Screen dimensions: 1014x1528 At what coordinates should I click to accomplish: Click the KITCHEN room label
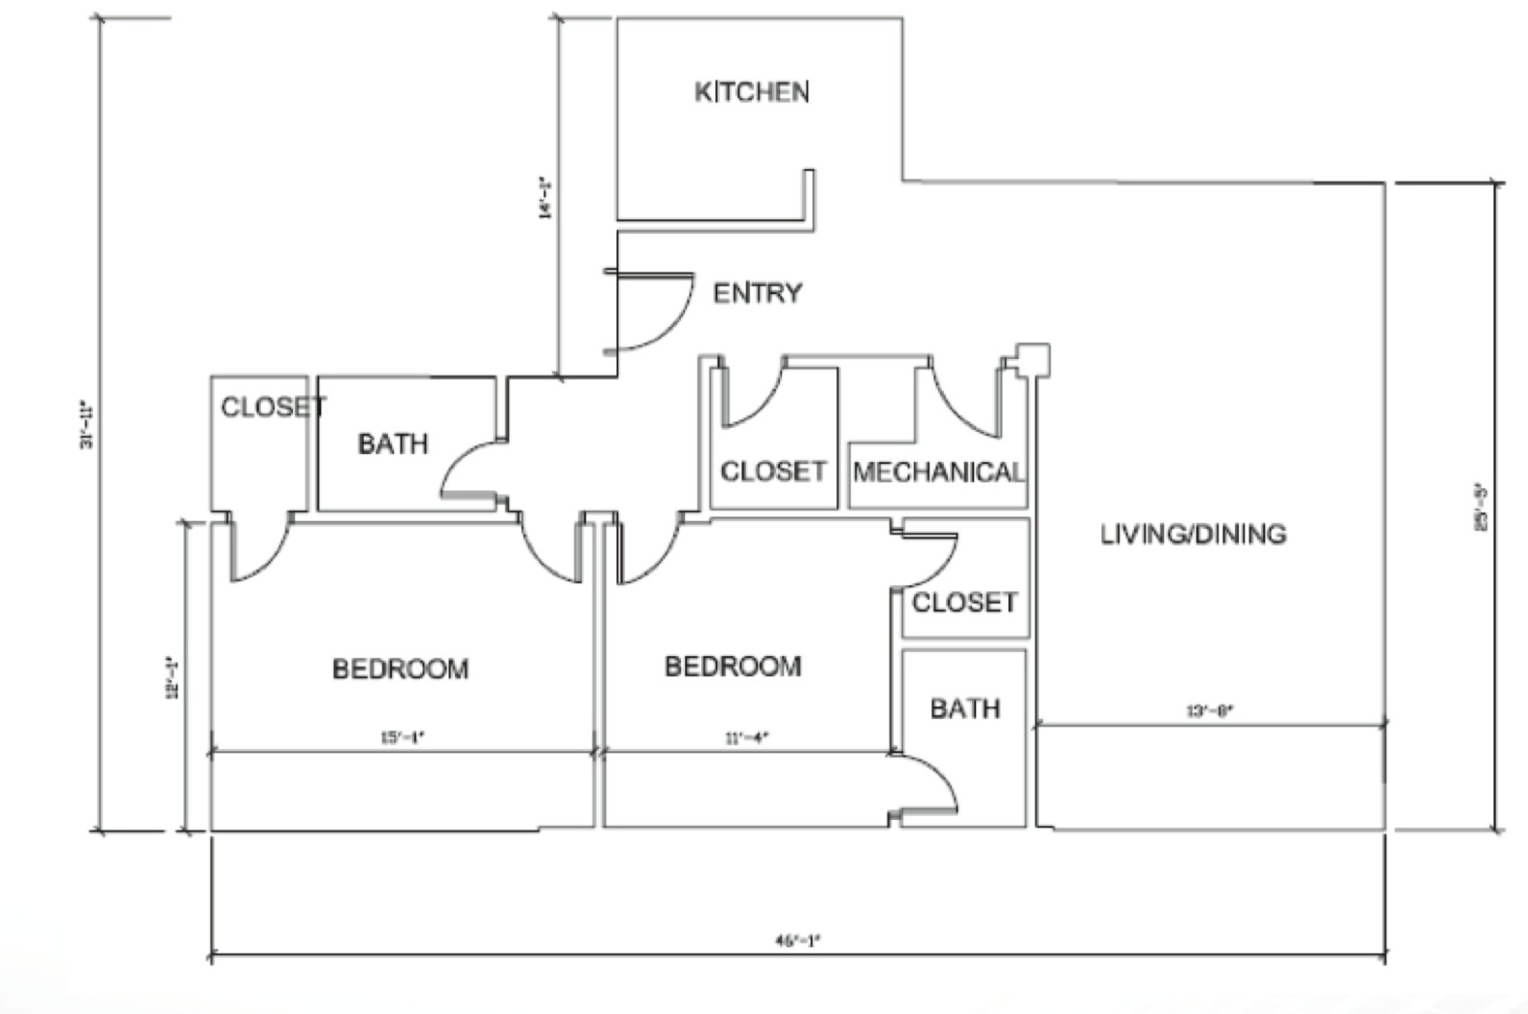coord(752,92)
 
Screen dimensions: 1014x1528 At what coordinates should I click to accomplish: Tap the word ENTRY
coord(758,293)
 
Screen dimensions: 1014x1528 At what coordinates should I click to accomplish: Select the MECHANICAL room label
coord(938,473)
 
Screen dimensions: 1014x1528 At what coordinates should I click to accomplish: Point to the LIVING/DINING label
coord(1193,534)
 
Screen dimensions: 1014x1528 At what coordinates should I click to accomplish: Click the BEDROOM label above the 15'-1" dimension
coord(400,669)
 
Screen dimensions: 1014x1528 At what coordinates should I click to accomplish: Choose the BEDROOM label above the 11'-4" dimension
coord(732,667)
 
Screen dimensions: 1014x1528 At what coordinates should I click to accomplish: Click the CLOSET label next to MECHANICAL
coord(772,472)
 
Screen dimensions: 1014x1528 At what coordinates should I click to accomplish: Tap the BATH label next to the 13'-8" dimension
coord(964,708)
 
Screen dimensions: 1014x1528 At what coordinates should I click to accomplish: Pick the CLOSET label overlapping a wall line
coord(273,407)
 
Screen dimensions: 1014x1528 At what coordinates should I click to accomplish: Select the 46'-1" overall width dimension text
coord(797,939)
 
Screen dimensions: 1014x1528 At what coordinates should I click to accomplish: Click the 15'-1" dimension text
coord(402,737)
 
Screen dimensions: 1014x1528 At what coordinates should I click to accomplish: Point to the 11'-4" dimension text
coord(746,737)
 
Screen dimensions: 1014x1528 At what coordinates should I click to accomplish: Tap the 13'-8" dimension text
coord(1210,711)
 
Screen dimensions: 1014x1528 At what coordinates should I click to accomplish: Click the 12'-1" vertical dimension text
coord(173,678)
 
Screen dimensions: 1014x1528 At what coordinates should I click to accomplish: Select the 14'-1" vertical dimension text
coord(545,198)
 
